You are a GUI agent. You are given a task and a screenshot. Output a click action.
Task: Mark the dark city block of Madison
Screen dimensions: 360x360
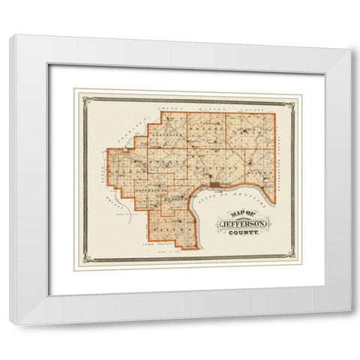point(215,184)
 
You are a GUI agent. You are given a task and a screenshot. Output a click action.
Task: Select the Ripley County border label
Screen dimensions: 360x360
point(225,109)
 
